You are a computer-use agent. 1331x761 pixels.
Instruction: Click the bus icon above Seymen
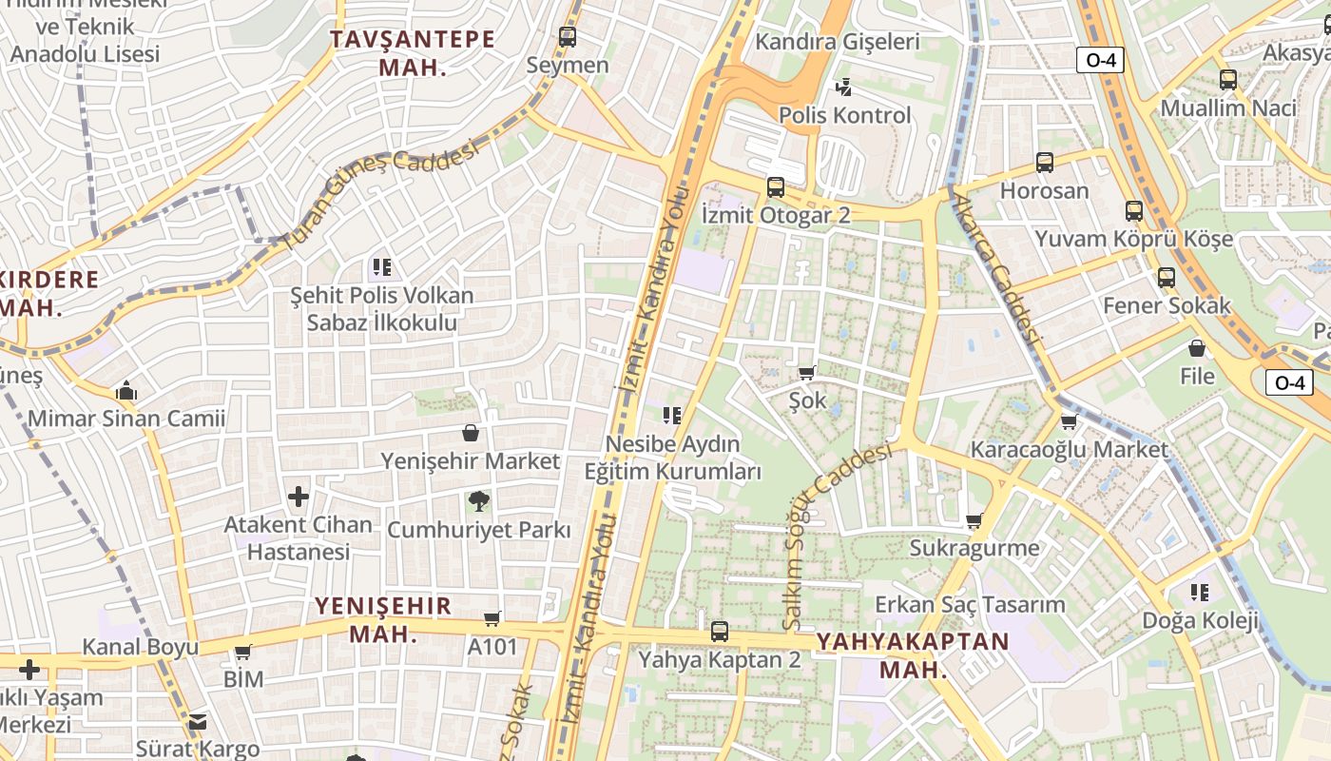568,37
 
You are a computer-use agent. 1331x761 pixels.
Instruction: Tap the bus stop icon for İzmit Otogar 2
776,187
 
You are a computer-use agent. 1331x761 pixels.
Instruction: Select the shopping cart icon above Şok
807,373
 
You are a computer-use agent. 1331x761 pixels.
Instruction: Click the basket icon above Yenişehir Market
470,434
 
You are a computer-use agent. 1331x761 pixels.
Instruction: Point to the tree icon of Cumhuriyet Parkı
479,500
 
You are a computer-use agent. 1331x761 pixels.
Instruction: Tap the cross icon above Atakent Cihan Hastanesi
299,496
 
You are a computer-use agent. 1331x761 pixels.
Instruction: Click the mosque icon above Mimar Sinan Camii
126,391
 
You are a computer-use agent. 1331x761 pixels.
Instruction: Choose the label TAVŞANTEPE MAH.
412,53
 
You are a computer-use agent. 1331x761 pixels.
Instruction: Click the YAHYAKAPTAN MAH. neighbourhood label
913,654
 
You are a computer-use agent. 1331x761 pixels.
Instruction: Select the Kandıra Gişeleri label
838,42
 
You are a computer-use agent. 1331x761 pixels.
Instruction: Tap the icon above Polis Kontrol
843,88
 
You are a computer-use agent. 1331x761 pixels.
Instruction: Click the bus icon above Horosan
1045,163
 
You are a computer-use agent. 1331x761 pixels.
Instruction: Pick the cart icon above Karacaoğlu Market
1069,421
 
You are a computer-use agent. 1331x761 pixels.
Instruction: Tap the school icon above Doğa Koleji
1200,593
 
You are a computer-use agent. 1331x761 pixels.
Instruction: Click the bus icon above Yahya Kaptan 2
720,631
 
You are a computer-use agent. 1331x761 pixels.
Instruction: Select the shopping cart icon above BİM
243,652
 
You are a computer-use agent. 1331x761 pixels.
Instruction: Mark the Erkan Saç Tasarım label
970,604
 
